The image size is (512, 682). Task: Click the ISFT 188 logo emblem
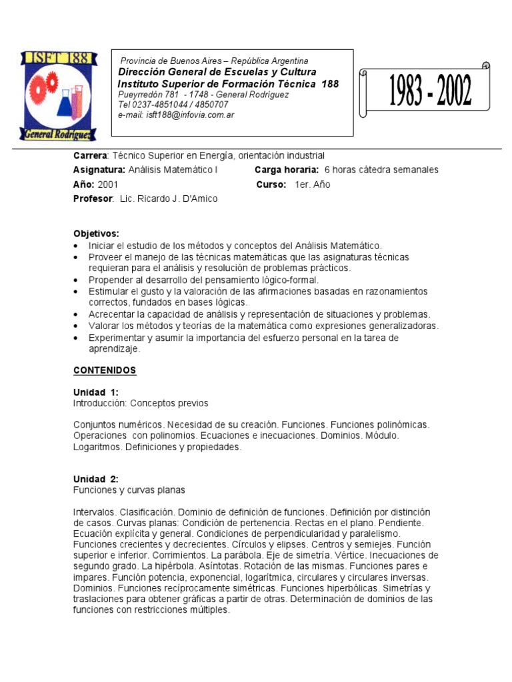click(x=58, y=95)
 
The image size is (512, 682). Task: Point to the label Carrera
click(x=90, y=155)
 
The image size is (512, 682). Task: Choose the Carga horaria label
click(x=287, y=170)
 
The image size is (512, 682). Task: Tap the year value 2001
click(x=108, y=184)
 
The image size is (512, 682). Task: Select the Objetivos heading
click(x=96, y=234)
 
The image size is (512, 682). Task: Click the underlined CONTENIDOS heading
click(x=105, y=370)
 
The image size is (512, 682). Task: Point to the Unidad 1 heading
click(x=95, y=392)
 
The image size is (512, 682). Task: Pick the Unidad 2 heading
click(x=95, y=479)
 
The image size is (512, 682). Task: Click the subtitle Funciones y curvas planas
click(x=129, y=490)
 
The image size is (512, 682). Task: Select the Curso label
click(x=271, y=184)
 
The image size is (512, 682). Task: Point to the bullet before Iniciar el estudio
click(x=77, y=246)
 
